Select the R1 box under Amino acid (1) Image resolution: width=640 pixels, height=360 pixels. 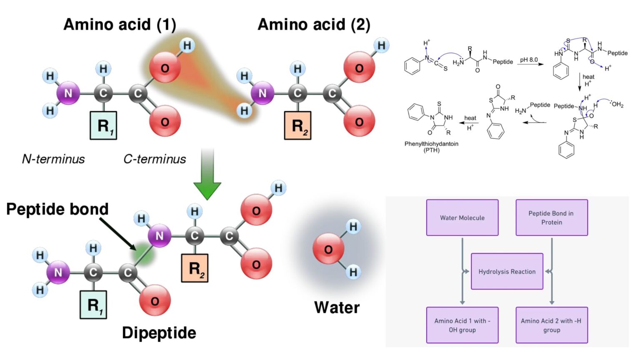[103, 125]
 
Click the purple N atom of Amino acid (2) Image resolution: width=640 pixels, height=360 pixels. [262, 93]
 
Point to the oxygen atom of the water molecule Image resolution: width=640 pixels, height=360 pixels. [328, 249]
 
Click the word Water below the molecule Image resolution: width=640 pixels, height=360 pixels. [337, 307]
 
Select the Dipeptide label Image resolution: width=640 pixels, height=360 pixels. [159, 333]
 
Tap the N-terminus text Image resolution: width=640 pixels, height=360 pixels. [53, 159]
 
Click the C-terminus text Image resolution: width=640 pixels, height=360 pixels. [155, 159]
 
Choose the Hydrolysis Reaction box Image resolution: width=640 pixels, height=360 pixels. [507, 272]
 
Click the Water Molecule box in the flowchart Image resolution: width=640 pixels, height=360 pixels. [462, 218]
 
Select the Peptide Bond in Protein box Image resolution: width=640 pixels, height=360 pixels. [551, 218]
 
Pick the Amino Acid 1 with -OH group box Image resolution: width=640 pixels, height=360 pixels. [462, 325]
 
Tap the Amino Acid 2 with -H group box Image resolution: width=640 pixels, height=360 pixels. [551, 325]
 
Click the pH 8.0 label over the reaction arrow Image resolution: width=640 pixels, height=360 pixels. [529, 60]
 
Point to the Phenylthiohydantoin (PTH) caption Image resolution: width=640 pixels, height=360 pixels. [431, 147]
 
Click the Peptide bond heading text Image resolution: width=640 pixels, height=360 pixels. [57, 209]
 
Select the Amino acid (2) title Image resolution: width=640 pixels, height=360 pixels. [314, 25]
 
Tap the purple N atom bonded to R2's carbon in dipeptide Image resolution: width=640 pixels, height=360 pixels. [160, 236]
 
